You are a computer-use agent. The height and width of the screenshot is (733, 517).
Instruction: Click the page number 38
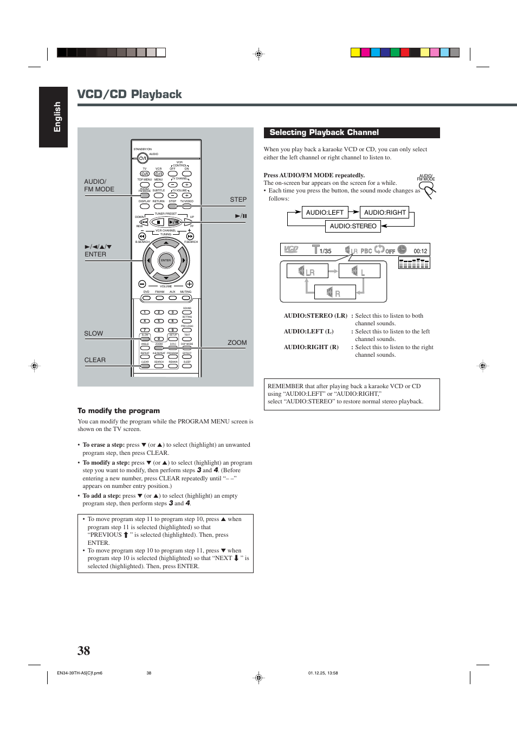coord(83,651)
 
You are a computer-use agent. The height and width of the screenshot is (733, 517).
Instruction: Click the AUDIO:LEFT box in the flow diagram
coord(325,213)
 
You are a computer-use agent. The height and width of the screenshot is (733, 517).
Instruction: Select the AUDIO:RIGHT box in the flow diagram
coord(385,213)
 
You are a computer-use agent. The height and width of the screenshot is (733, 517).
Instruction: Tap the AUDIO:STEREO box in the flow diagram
coord(353,226)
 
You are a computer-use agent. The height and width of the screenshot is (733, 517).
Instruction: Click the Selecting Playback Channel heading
coord(324,133)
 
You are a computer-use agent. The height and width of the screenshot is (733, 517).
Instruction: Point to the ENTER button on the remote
coord(166,260)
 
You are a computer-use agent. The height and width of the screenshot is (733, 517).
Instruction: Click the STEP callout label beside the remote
coord(238,200)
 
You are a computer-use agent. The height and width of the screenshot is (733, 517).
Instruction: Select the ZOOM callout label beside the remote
coord(237,343)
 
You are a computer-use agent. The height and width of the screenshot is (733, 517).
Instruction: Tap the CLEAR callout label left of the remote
coord(95,360)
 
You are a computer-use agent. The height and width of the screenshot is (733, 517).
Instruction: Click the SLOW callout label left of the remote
coord(93,333)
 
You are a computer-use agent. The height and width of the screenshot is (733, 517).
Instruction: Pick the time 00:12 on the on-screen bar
coord(420,251)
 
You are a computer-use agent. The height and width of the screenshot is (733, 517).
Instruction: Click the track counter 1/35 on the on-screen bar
coord(325,251)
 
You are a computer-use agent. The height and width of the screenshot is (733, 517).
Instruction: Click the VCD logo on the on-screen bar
coord(291,249)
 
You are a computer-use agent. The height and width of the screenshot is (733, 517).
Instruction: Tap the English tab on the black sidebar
coord(57,117)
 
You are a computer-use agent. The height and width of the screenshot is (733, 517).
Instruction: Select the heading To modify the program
coord(118,411)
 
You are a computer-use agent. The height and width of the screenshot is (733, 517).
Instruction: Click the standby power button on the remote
coord(143,158)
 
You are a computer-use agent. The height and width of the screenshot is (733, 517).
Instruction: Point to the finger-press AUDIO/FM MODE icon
coord(428,188)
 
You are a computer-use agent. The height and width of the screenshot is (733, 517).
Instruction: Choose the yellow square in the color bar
coord(356,53)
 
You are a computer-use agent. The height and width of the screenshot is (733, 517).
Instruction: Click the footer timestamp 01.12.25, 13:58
coord(323,673)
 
